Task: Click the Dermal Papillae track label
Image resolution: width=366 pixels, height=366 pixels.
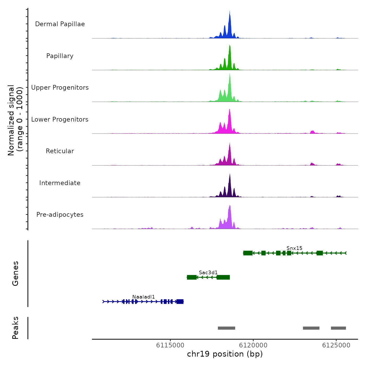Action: (x=60, y=24)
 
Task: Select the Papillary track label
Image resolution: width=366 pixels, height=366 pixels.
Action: (x=60, y=56)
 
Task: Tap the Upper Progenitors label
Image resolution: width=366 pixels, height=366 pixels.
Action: (x=60, y=88)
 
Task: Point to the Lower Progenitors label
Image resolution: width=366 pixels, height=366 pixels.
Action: (x=60, y=119)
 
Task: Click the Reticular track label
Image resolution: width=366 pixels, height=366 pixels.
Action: (x=60, y=151)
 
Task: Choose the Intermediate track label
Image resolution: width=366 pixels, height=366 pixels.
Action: (x=60, y=183)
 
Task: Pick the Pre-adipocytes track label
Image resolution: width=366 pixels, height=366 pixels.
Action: (x=60, y=215)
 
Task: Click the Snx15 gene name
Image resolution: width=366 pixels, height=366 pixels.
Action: (x=294, y=248)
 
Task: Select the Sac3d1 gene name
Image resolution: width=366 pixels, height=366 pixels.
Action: (x=208, y=272)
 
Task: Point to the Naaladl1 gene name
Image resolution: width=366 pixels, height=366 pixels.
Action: (x=144, y=297)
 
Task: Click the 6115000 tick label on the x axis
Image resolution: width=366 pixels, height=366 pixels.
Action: (x=170, y=345)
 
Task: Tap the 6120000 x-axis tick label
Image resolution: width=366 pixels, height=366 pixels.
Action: (x=253, y=345)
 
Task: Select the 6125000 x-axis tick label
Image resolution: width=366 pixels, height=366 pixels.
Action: (x=336, y=345)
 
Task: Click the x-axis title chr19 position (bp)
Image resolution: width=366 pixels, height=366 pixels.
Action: (x=225, y=354)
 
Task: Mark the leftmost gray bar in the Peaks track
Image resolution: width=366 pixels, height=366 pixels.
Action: (x=226, y=328)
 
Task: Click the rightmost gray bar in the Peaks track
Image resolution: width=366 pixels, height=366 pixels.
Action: (x=338, y=328)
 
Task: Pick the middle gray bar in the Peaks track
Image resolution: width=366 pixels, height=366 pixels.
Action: (x=311, y=328)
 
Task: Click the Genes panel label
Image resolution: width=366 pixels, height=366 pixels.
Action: (x=15, y=273)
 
